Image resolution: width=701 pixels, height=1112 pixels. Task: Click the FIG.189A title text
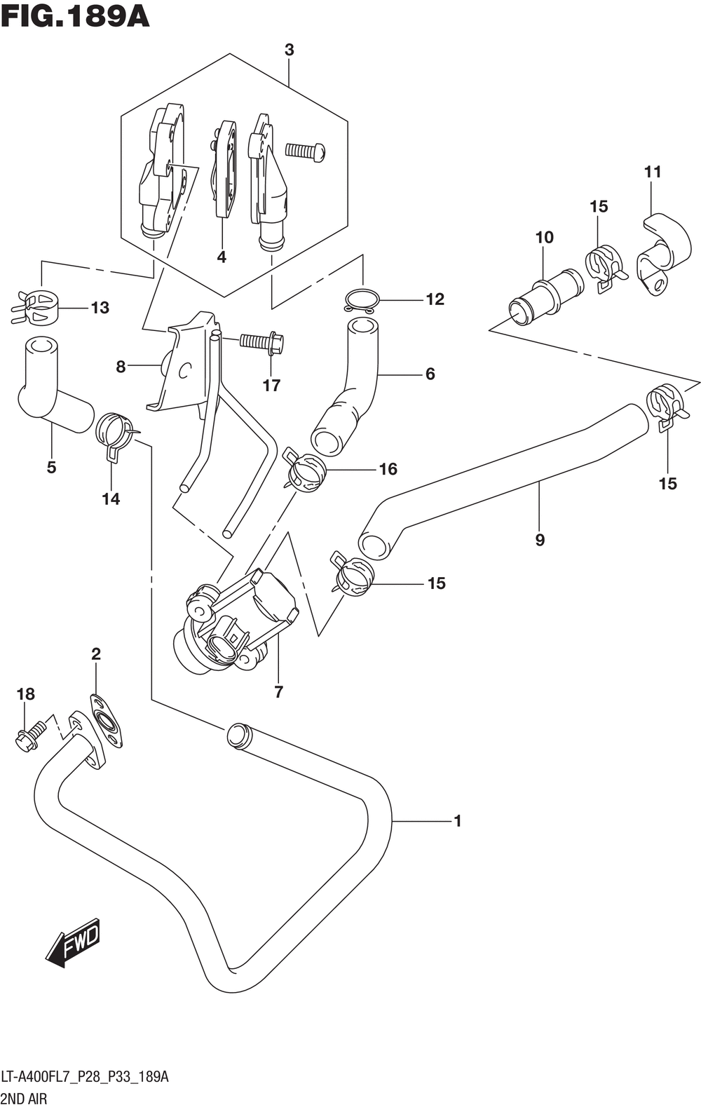(x=75, y=18)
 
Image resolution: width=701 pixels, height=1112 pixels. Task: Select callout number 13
(x=100, y=308)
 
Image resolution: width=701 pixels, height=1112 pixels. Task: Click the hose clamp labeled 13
(x=34, y=307)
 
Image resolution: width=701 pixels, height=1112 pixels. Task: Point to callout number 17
(x=271, y=385)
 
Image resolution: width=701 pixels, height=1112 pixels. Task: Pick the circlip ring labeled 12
(x=362, y=300)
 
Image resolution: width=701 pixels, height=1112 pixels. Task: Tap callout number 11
(x=653, y=172)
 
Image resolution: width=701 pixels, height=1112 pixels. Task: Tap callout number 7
(x=278, y=692)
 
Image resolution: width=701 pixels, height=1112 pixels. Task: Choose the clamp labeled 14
(x=116, y=433)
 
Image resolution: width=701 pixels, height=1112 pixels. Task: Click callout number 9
(x=540, y=540)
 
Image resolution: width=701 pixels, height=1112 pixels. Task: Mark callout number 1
(x=458, y=821)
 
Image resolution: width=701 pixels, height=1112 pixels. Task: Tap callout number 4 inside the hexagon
(x=222, y=257)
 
